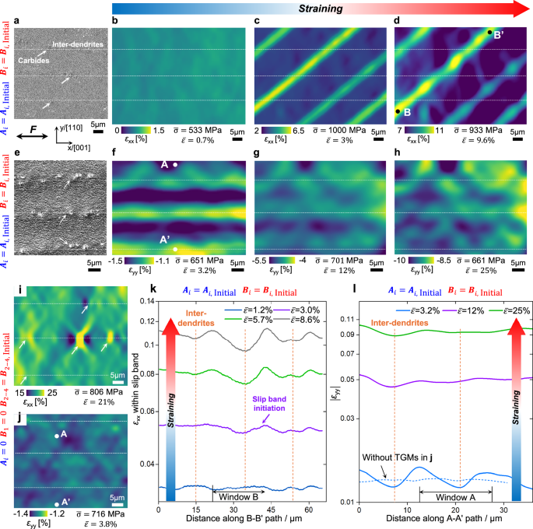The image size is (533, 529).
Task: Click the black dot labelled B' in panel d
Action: click(x=489, y=33)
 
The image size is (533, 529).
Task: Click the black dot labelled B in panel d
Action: click(x=398, y=112)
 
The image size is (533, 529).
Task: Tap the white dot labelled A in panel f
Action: click(x=176, y=165)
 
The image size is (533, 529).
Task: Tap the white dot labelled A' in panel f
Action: click(x=176, y=249)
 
